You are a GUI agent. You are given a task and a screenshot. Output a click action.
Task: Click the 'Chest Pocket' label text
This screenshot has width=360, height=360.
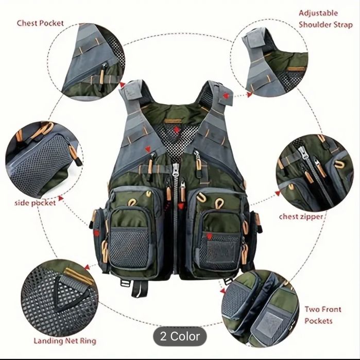[x=40, y=23]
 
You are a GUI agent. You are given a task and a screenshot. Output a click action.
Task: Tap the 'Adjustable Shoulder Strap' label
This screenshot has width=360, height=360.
[x=325, y=19]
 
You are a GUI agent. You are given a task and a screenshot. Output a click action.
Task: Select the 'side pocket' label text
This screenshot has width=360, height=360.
[x=35, y=203]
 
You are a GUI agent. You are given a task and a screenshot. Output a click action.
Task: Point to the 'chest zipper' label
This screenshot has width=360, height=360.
[x=301, y=217]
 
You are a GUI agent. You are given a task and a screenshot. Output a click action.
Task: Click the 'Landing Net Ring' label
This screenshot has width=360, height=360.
[x=65, y=341]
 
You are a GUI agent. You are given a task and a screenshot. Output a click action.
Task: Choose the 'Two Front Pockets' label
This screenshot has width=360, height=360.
[x=322, y=315]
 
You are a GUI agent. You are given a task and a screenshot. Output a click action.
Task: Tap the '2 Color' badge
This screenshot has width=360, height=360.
[x=180, y=336]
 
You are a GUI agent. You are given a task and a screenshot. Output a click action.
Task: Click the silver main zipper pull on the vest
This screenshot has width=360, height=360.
[x=176, y=169]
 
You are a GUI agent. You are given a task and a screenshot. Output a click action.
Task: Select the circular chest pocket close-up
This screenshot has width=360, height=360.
[x=86, y=62]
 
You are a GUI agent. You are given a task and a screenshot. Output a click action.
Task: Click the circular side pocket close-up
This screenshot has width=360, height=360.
[x=44, y=160]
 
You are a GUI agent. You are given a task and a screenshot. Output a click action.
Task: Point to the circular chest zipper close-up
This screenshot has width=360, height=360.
[x=315, y=174]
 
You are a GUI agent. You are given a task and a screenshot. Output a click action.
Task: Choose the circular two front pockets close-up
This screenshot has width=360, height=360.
[x=261, y=309]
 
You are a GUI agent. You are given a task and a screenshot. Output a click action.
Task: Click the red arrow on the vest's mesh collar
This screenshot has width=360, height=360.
[x=176, y=130]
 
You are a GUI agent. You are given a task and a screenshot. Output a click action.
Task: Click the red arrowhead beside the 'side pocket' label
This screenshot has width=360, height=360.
[x=61, y=198]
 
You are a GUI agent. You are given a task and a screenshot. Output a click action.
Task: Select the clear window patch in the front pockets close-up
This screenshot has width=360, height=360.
[x=269, y=322]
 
